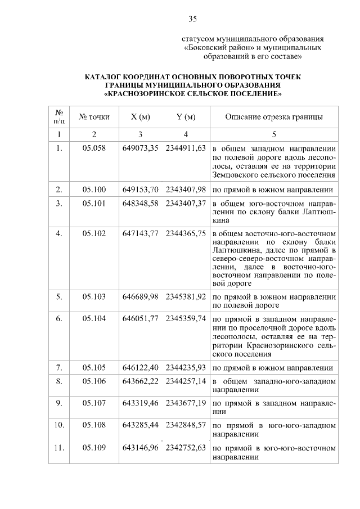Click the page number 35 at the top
192,19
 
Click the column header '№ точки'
94,117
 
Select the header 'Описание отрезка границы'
274,117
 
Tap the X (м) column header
140,117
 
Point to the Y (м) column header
185,117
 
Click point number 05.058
94,148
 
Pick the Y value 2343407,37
186,203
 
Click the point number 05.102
94,233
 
